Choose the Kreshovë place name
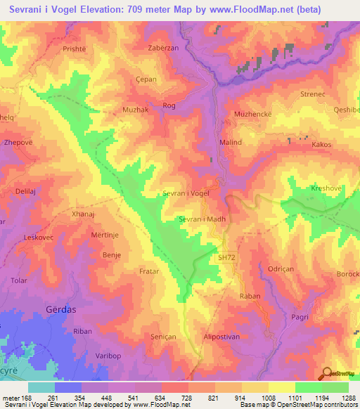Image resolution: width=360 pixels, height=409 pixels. pos(325,189)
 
